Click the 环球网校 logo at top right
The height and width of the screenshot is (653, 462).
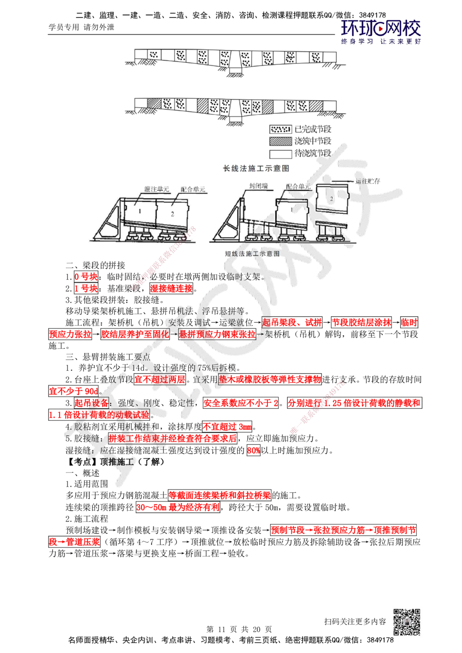coord(381,31)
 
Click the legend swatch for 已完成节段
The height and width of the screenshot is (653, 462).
coord(280,129)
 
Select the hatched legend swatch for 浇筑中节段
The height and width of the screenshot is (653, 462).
coord(280,141)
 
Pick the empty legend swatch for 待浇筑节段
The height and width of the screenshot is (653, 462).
coord(280,154)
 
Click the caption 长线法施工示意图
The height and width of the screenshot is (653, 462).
coord(256,168)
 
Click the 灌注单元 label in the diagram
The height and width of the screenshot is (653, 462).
coord(157,189)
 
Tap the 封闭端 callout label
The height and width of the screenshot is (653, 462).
coord(258,186)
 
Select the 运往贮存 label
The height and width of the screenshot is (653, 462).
coord(367,181)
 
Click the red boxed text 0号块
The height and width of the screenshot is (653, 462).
coord(86,276)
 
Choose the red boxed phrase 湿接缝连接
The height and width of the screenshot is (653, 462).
coord(171,288)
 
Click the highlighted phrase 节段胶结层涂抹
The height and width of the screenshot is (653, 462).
coord(361,322)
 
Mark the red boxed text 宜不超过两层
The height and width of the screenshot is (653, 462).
coord(160,379)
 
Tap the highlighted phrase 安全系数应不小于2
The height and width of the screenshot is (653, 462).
coord(241,403)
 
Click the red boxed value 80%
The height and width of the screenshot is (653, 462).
coord(254,450)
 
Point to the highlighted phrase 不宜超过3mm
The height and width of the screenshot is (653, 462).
coord(227,427)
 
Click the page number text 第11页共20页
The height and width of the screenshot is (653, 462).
coord(239,629)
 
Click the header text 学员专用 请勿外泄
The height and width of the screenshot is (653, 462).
coord(81,27)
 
